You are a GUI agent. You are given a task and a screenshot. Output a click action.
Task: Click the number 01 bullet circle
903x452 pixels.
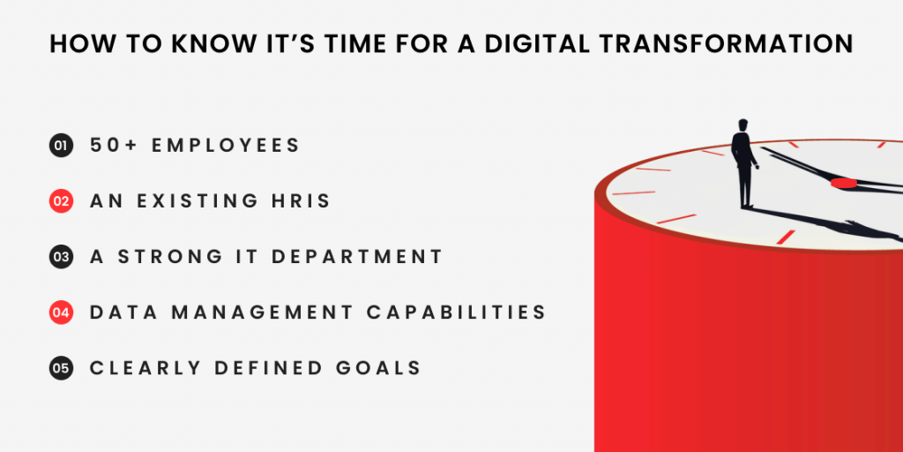(x=61, y=146)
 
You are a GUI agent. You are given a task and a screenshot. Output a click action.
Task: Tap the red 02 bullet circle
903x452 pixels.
(x=61, y=201)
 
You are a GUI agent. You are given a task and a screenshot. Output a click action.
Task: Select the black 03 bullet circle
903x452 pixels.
(x=61, y=257)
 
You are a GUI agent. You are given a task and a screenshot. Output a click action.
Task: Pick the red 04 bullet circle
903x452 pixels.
(x=61, y=313)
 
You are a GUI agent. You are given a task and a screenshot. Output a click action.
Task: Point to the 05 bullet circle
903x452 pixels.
(x=61, y=368)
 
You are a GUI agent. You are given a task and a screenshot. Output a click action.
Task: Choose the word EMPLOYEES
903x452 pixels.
(x=227, y=146)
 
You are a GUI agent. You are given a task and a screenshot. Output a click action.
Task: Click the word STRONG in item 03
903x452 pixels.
(x=170, y=257)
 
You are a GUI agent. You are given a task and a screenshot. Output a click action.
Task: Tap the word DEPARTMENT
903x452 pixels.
(x=357, y=257)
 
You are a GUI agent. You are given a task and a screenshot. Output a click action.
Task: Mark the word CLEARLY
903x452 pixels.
(x=146, y=368)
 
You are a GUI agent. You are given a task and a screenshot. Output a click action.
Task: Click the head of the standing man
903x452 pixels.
(x=743, y=125)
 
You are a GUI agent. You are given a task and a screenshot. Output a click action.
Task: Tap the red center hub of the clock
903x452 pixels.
(x=844, y=184)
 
